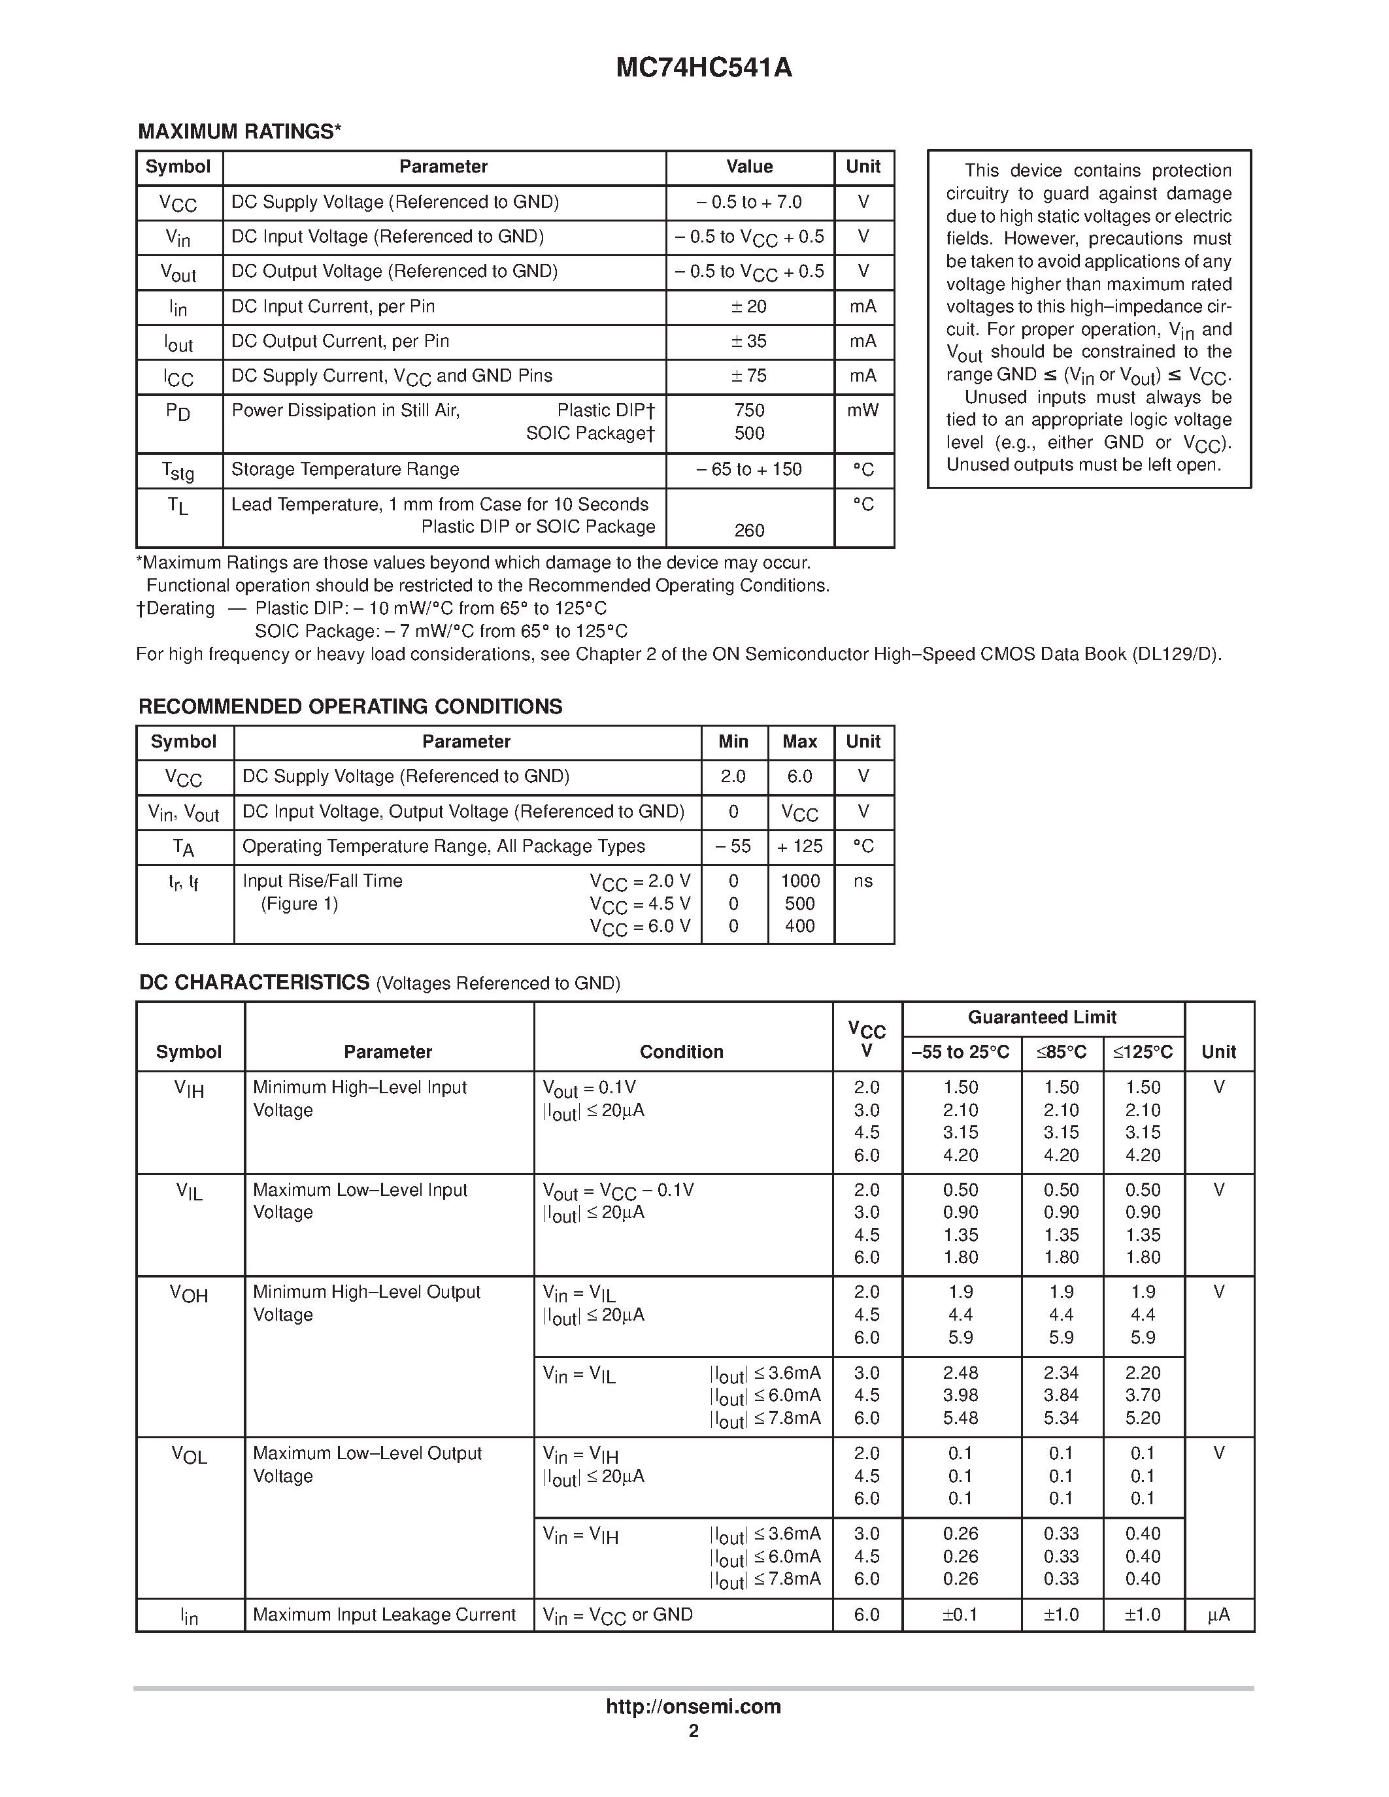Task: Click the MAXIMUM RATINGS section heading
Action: [239, 131]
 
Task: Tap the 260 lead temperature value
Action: [749, 531]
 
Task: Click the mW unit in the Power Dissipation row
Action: [862, 410]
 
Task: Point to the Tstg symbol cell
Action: [178, 470]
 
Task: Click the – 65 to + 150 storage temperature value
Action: [749, 470]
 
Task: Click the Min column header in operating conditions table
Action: [733, 742]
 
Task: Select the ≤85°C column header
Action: [1061, 1052]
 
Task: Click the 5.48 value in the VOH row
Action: [960, 1419]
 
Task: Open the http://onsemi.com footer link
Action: [693, 1706]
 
